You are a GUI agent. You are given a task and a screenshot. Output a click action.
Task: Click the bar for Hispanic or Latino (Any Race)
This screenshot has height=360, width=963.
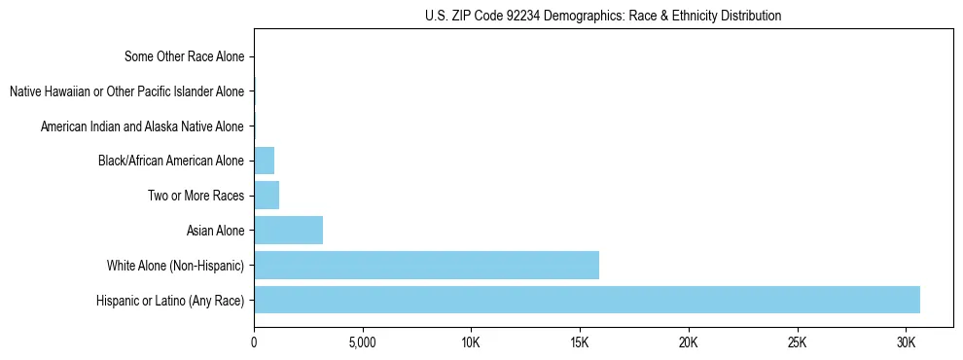[587, 300]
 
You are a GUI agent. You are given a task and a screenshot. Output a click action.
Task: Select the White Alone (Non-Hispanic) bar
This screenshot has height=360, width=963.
[426, 266]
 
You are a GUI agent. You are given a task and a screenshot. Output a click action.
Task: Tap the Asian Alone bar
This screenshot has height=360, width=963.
[288, 231]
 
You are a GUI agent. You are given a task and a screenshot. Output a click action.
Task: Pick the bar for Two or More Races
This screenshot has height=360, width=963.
[267, 196]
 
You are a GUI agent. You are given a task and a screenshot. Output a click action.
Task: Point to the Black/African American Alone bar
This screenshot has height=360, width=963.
[264, 161]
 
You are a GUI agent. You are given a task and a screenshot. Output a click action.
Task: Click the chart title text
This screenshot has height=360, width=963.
[603, 16]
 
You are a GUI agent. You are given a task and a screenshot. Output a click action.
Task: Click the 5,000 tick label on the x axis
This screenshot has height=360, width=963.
[362, 343]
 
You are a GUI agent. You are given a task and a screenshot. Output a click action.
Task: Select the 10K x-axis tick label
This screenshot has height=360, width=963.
[471, 343]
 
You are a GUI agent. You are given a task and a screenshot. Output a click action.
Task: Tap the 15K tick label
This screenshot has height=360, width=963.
[580, 343]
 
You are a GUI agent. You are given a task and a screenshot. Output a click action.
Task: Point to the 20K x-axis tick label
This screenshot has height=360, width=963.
[689, 343]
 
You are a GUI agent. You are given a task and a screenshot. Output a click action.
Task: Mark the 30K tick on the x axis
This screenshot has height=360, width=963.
[906, 343]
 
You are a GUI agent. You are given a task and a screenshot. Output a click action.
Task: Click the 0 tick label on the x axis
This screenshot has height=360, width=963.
[254, 343]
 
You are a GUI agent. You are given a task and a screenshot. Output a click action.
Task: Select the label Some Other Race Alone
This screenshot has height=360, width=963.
[184, 56]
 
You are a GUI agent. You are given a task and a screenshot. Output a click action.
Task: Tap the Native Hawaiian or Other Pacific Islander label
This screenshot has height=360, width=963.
[126, 91]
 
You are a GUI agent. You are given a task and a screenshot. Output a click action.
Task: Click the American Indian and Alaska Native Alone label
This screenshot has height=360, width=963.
[142, 126]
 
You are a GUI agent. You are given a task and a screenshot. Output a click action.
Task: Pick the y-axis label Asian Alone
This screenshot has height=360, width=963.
[215, 231]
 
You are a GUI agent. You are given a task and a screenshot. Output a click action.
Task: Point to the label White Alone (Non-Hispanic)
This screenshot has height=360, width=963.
[175, 266]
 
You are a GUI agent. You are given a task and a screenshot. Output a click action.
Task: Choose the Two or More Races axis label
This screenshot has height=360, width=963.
[196, 196]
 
